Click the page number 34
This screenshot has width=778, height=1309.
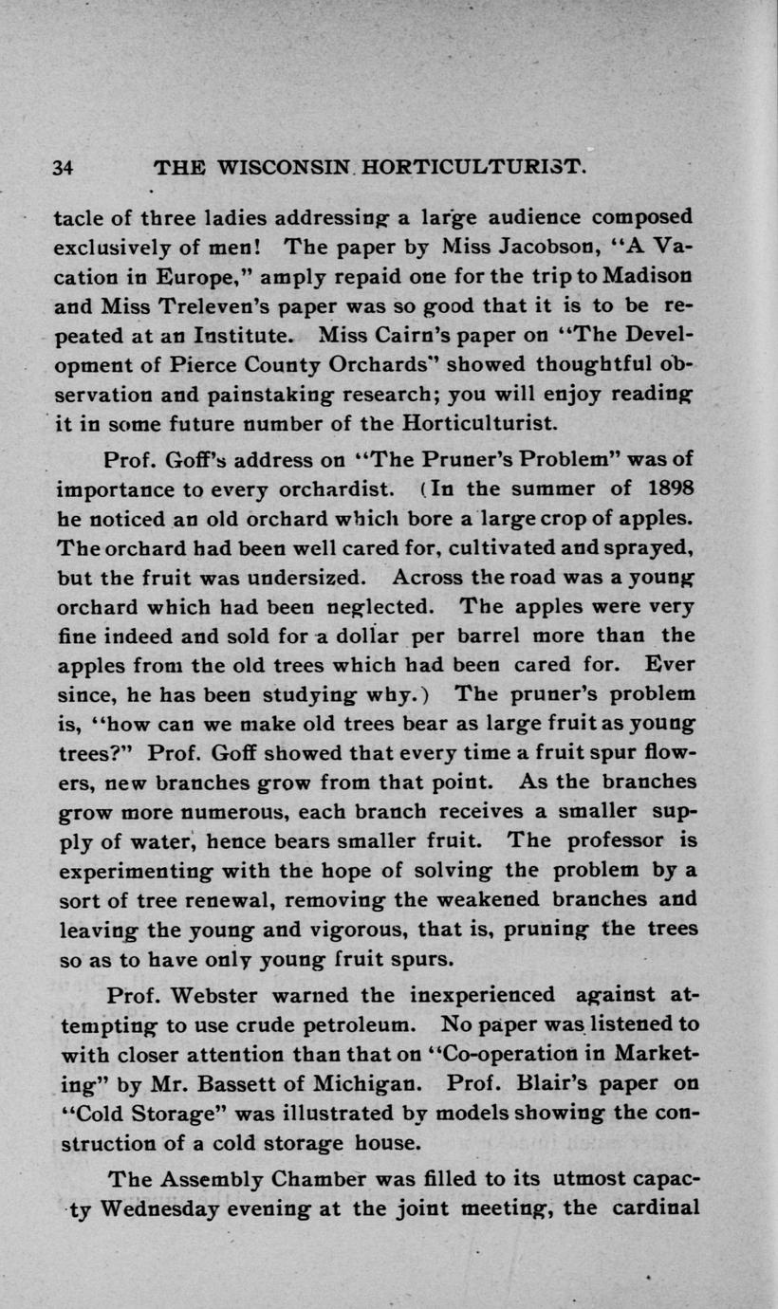click(x=63, y=168)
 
